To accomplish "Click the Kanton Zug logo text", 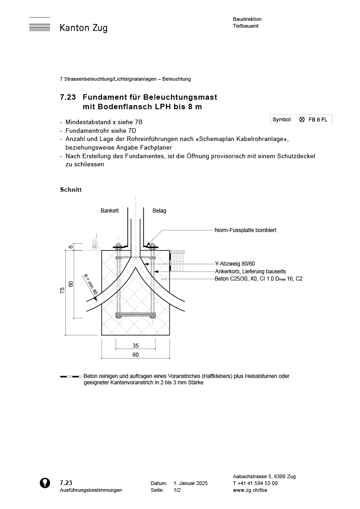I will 83,28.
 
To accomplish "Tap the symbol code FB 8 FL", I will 317,120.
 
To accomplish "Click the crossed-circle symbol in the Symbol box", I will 302,120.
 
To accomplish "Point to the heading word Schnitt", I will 71,189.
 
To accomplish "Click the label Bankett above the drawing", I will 109,211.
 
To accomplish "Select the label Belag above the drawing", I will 159,211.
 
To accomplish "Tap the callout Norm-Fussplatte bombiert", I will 245,230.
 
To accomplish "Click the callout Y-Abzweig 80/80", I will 235,264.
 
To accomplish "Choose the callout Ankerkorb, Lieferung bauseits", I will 250,271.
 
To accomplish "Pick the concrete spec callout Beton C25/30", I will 258,279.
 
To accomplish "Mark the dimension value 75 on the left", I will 62,291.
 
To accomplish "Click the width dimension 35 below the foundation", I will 136,346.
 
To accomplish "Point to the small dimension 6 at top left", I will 70,247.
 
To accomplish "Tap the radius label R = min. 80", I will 90,284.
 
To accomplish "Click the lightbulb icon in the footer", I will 45,483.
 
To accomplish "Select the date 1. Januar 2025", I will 190,484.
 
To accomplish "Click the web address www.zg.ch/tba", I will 250,490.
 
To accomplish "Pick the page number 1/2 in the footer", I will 177,490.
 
